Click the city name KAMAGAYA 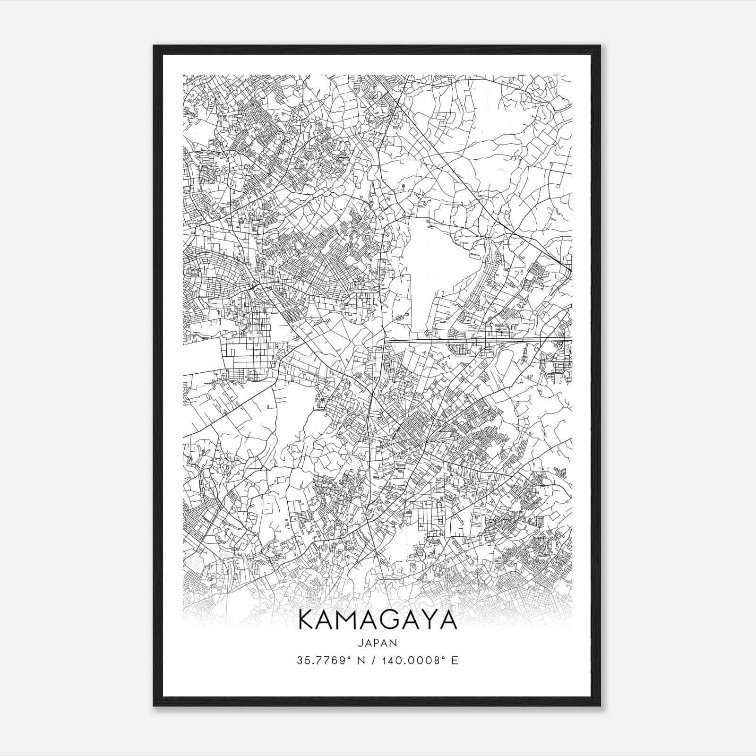point(378,620)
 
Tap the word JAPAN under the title point(378,643)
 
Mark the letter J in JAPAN point(361,643)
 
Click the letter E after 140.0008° point(455,661)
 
